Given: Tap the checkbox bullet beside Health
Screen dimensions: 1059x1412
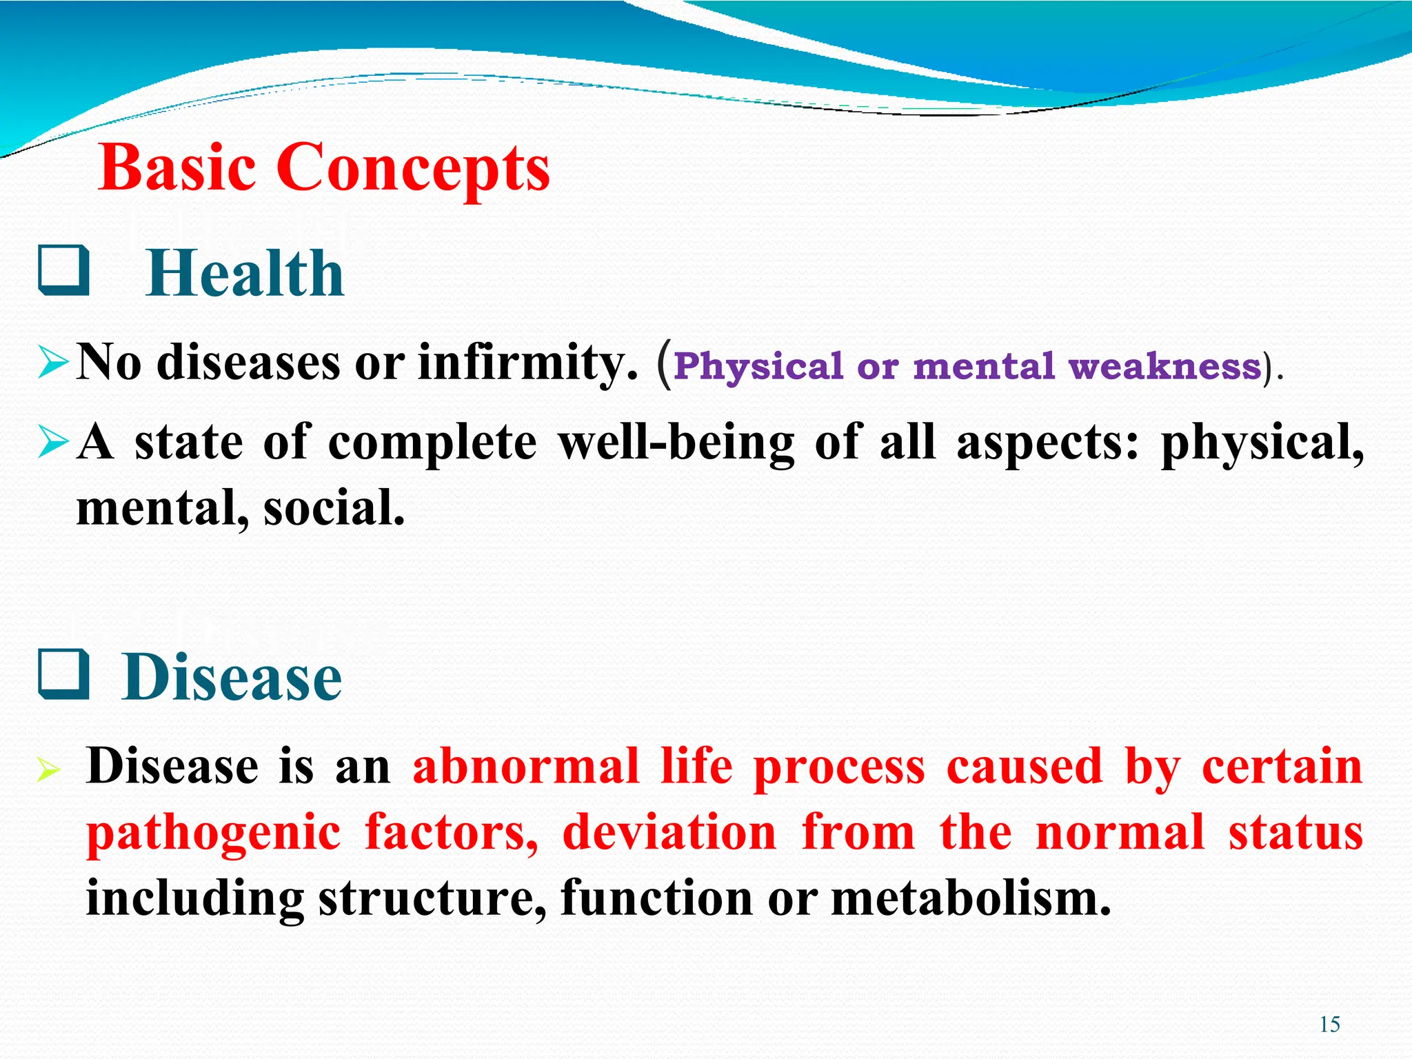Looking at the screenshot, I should click(x=63, y=271).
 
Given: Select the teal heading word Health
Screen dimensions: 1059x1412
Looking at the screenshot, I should click(x=245, y=274).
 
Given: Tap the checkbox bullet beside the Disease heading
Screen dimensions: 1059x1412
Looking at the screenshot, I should click(x=63, y=675).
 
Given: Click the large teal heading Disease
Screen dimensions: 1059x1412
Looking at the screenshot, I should click(x=232, y=677).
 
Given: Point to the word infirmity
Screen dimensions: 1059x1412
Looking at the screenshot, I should click(x=528, y=363).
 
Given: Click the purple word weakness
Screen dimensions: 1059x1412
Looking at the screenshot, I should click(x=1164, y=366).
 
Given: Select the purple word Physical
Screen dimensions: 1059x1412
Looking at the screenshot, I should click(x=758, y=366).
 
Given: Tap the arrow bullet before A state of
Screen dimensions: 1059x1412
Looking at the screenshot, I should click(x=53, y=442).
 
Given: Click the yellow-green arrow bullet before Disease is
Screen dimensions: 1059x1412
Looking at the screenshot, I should click(x=50, y=769).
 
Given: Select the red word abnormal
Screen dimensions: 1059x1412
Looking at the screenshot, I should click(x=526, y=766).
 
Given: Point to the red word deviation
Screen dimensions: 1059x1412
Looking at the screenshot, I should click(x=669, y=832).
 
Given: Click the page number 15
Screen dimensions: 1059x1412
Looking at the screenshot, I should click(x=1329, y=1025).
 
